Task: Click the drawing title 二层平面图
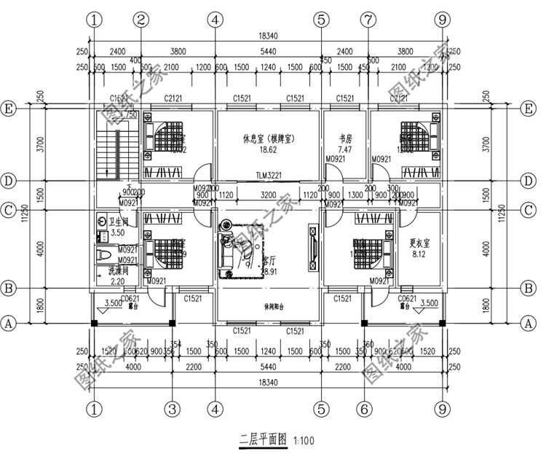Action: pyautogui.click(x=264, y=440)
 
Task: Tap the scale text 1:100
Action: pyautogui.click(x=304, y=441)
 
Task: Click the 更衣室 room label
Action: pyautogui.click(x=419, y=243)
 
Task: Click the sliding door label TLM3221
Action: pyautogui.click(x=269, y=176)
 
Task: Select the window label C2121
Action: pyautogui.click(x=173, y=98)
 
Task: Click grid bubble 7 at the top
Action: pyautogui.click(x=368, y=19)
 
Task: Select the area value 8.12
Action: pyautogui.click(x=419, y=255)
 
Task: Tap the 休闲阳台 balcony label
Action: pyautogui.click(x=269, y=307)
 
